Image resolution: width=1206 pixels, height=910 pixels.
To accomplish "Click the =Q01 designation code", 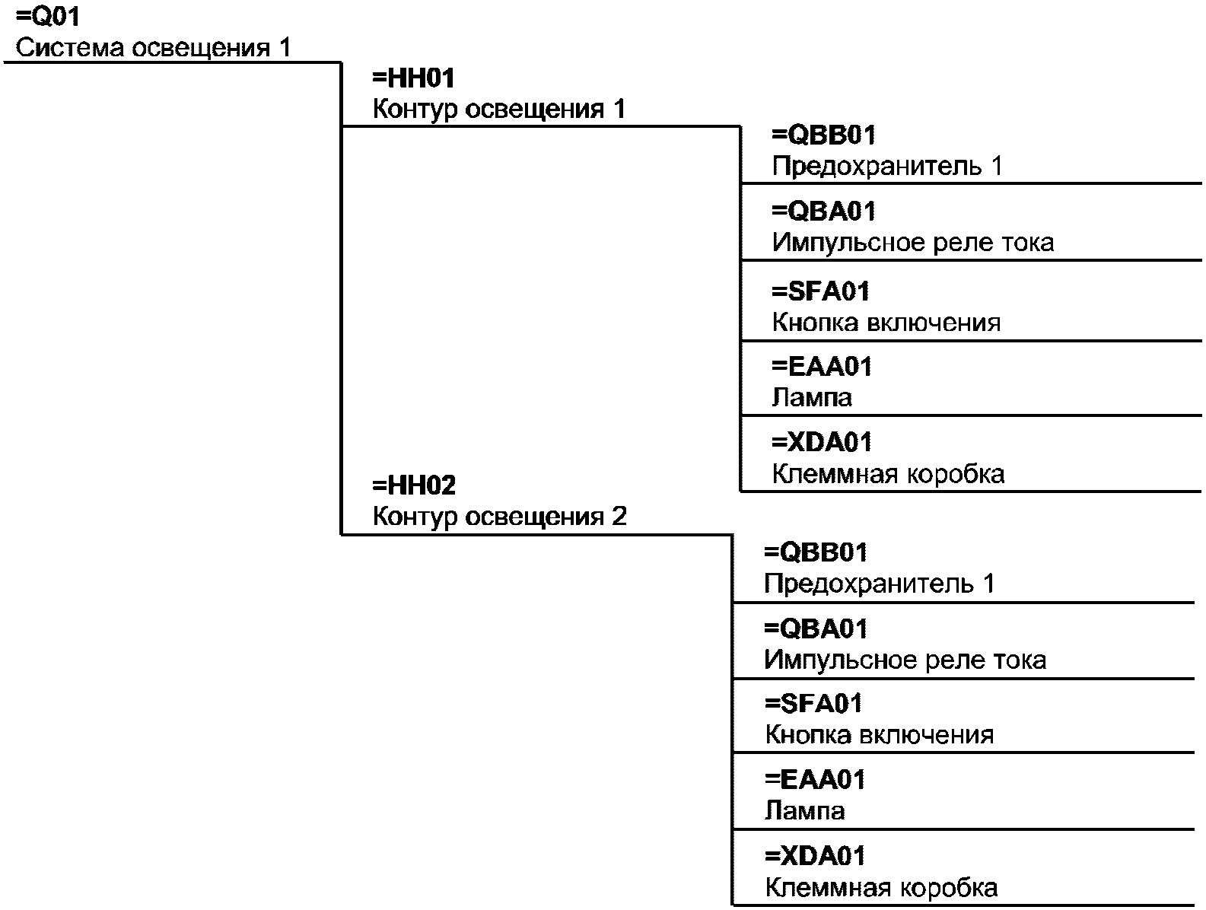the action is pos(48,16).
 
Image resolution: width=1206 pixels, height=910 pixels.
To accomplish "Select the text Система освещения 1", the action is pos(153,47).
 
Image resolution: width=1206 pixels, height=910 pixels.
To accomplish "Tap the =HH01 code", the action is pos(413,78).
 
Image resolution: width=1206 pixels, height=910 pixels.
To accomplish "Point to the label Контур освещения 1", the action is pos(499,109).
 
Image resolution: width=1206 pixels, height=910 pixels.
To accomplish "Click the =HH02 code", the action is pos(414,485).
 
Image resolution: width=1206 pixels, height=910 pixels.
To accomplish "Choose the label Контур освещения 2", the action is pos(499,516).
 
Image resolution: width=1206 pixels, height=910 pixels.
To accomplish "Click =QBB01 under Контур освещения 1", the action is pos(823,135).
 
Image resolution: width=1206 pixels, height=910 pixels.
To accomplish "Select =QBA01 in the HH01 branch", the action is pos(823,211).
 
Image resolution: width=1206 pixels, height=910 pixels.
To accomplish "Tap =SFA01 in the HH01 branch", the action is pos(820,291).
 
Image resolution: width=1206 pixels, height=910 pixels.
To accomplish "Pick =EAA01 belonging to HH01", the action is pos(822,366).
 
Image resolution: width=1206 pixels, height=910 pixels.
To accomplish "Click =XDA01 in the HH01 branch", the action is pos(822,442).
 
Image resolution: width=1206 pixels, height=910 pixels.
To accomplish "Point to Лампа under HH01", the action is pos(812,397).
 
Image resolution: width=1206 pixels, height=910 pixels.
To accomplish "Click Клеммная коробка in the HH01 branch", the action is pos(888,473).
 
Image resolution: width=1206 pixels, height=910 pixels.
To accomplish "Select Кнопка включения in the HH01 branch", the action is pos(886,322).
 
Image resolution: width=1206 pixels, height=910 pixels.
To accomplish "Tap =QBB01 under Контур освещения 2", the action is pos(816,552).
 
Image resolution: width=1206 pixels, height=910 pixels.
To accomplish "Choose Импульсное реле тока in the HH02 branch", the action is pos(905,660).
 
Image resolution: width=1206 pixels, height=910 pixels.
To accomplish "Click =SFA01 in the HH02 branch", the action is pos(813,704).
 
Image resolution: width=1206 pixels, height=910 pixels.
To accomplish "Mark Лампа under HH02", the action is pos(804,810).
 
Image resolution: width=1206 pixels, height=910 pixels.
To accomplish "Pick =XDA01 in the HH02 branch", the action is pos(814,855).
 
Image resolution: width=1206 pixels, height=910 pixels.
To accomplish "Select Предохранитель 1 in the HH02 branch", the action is pos(879,584).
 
